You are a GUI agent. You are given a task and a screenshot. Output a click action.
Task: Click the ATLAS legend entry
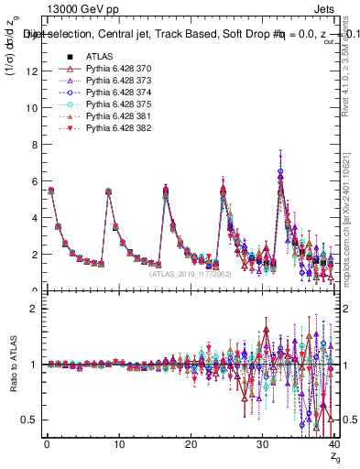tap(84, 57)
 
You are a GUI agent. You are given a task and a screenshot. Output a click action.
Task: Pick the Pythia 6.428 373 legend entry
tap(103, 81)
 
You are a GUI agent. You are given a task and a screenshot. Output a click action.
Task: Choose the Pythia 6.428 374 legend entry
tap(103, 93)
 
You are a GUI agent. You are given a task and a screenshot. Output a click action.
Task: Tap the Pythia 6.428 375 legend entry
tap(103, 104)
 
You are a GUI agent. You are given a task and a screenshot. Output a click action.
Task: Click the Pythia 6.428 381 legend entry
tap(103, 116)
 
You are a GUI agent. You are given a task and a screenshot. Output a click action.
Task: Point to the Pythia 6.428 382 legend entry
tap(103, 128)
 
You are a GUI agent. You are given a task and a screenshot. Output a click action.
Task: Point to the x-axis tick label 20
tap(191, 444)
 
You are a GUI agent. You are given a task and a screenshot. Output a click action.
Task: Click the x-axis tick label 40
tap(334, 444)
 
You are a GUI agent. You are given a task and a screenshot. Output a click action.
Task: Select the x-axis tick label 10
tap(118, 444)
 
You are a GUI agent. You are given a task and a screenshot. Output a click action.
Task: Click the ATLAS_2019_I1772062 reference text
tap(190, 273)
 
